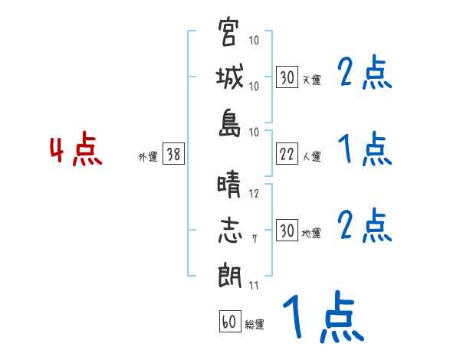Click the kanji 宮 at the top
point(229,34)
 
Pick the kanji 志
point(229,231)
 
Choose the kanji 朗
point(229,275)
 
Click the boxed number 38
point(173,155)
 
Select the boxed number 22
point(287,155)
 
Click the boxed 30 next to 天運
point(287,77)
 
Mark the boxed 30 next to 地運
point(287,231)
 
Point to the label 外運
point(148,157)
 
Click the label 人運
point(311,157)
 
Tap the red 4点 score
point(75,151)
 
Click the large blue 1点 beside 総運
point(322,319)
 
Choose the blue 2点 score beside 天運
point(365,74)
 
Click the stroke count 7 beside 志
point(255,240)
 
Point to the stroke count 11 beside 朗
point(254,286)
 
